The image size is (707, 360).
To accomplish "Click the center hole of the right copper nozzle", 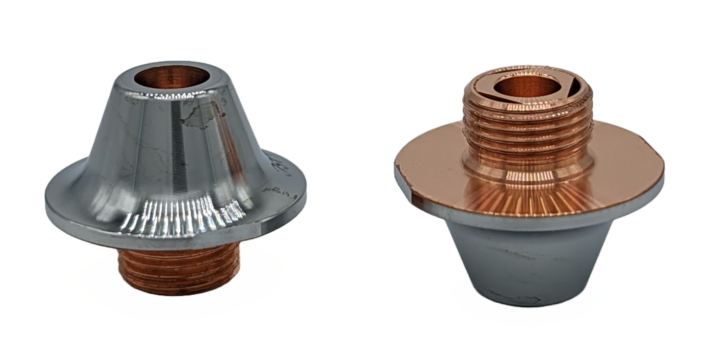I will pos(514,86).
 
